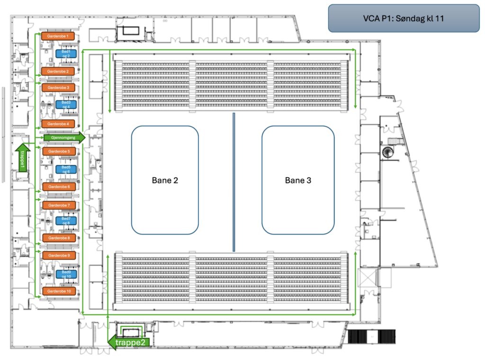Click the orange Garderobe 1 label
point(58,36)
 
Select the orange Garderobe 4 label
point(58,124)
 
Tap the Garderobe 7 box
point(58,205)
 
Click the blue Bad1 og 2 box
point(66,54)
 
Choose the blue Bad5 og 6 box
point(66,169)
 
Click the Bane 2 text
point(165,180)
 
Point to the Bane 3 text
point(298,180)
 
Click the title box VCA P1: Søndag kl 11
point(404,18)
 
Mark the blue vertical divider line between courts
point(234,182)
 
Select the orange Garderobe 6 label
point(58,187)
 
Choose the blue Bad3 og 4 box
point(66,104)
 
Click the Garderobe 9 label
point(58,255)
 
